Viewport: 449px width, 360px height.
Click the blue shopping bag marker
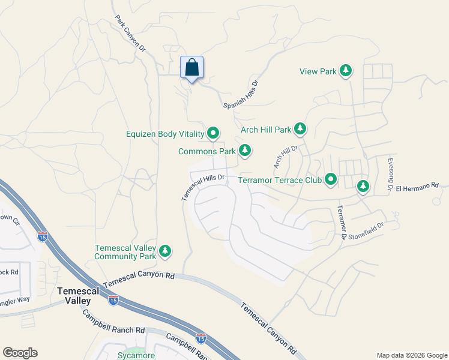pyautogui.click(x=191, y=67)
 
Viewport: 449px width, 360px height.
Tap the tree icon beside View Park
pyautogui.click(x=345, y=71)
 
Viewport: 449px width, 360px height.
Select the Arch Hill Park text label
pyautogui.click(x=265, y=129)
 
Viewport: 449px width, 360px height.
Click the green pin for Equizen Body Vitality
pyautogui.click(x=213, y=133)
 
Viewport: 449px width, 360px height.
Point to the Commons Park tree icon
pyautogui.click(x=244, y=151)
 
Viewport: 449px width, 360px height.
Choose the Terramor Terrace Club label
pyautogui.click(x=279, y=179)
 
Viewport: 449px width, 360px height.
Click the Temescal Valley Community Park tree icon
pyautogui.click(x=165, y=252)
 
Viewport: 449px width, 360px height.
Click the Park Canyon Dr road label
pyautogui.click(x=130, y=32)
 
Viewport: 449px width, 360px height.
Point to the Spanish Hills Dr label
pyautogui.click(x=241, y=95)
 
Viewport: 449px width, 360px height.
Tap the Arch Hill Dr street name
pyautogui.click(x=286, y=155)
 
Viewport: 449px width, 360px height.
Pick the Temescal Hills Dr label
pyautogui.click(x=203, y=187)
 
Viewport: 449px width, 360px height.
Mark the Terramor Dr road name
pyautogui.click(x=341, y=222)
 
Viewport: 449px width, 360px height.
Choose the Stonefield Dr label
pyautogui.click(x=363, y=228)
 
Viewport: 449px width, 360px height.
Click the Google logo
pyautogui.click(x=20, y=353)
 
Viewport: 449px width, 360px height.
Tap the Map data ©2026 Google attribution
pyautogui.click(x=412, y=355)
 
